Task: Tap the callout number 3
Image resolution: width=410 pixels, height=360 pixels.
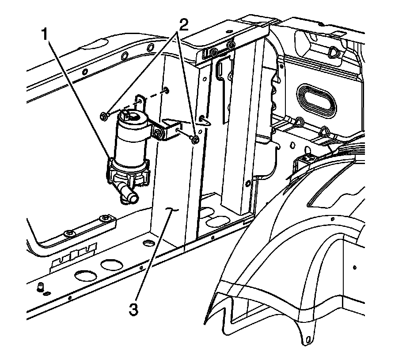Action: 133,308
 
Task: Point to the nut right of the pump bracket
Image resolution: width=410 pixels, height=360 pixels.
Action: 195,140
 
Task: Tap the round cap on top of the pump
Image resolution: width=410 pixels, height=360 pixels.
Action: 131,117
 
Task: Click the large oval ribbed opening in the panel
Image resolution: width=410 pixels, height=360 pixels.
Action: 316,99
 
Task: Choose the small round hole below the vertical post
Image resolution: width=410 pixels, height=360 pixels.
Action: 149,243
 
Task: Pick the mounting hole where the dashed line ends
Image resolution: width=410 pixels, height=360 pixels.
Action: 165,91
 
